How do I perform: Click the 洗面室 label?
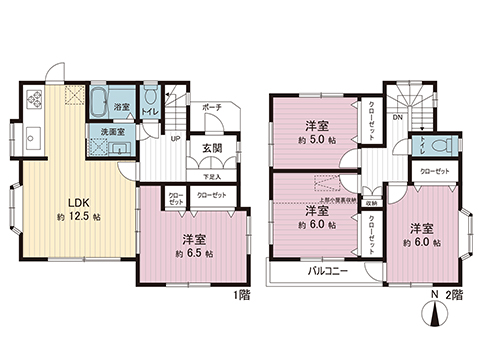[111, 131]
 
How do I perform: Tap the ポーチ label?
[210, 107]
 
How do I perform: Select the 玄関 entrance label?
[213, 149]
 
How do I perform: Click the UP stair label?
[176, 139]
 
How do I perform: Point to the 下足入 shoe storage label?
[213, 175]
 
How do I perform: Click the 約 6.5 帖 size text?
[194, 254]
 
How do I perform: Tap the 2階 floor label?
[456, 297]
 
